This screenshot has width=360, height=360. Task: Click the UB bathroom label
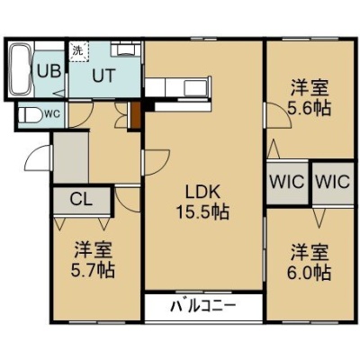(49, 72)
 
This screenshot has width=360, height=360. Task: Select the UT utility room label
(103, 76)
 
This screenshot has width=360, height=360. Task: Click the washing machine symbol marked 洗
(79, 51)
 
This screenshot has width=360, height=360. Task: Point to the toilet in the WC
(30, 114)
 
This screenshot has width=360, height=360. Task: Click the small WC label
(53, 113)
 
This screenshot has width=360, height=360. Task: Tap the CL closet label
(81, 199)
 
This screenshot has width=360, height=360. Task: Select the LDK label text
(202, 192)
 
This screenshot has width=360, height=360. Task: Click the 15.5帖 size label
(202, 212)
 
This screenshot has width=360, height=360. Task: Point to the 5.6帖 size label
(310, 108)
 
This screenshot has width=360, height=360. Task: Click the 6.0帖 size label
(310, 273)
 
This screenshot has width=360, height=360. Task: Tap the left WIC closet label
(287, 182)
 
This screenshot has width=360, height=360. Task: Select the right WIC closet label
(333, 182)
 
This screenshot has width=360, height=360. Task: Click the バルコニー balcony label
(203, 306)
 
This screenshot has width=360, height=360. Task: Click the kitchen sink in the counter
(195, 88)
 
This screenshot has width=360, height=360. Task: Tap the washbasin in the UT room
(125, 49)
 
